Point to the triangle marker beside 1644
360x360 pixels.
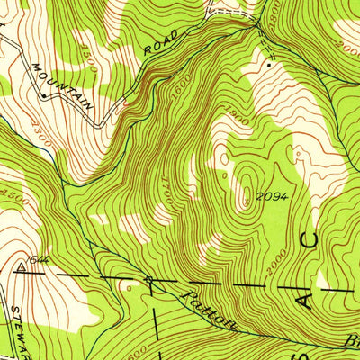(x=20, y=267)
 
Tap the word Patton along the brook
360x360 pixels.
(x=207, y=311)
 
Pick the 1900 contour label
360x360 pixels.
(x=213, y=122)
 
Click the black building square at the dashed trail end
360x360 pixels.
(x=268, y=64)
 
